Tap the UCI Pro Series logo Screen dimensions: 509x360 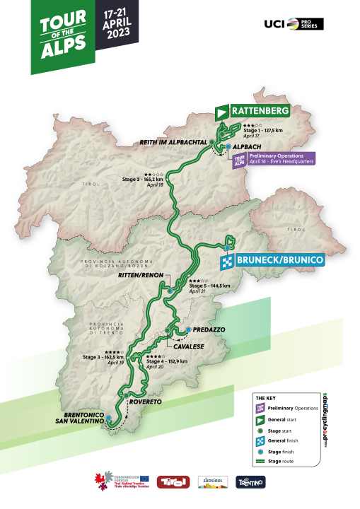[294, 24]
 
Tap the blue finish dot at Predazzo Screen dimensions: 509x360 [188, 329]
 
